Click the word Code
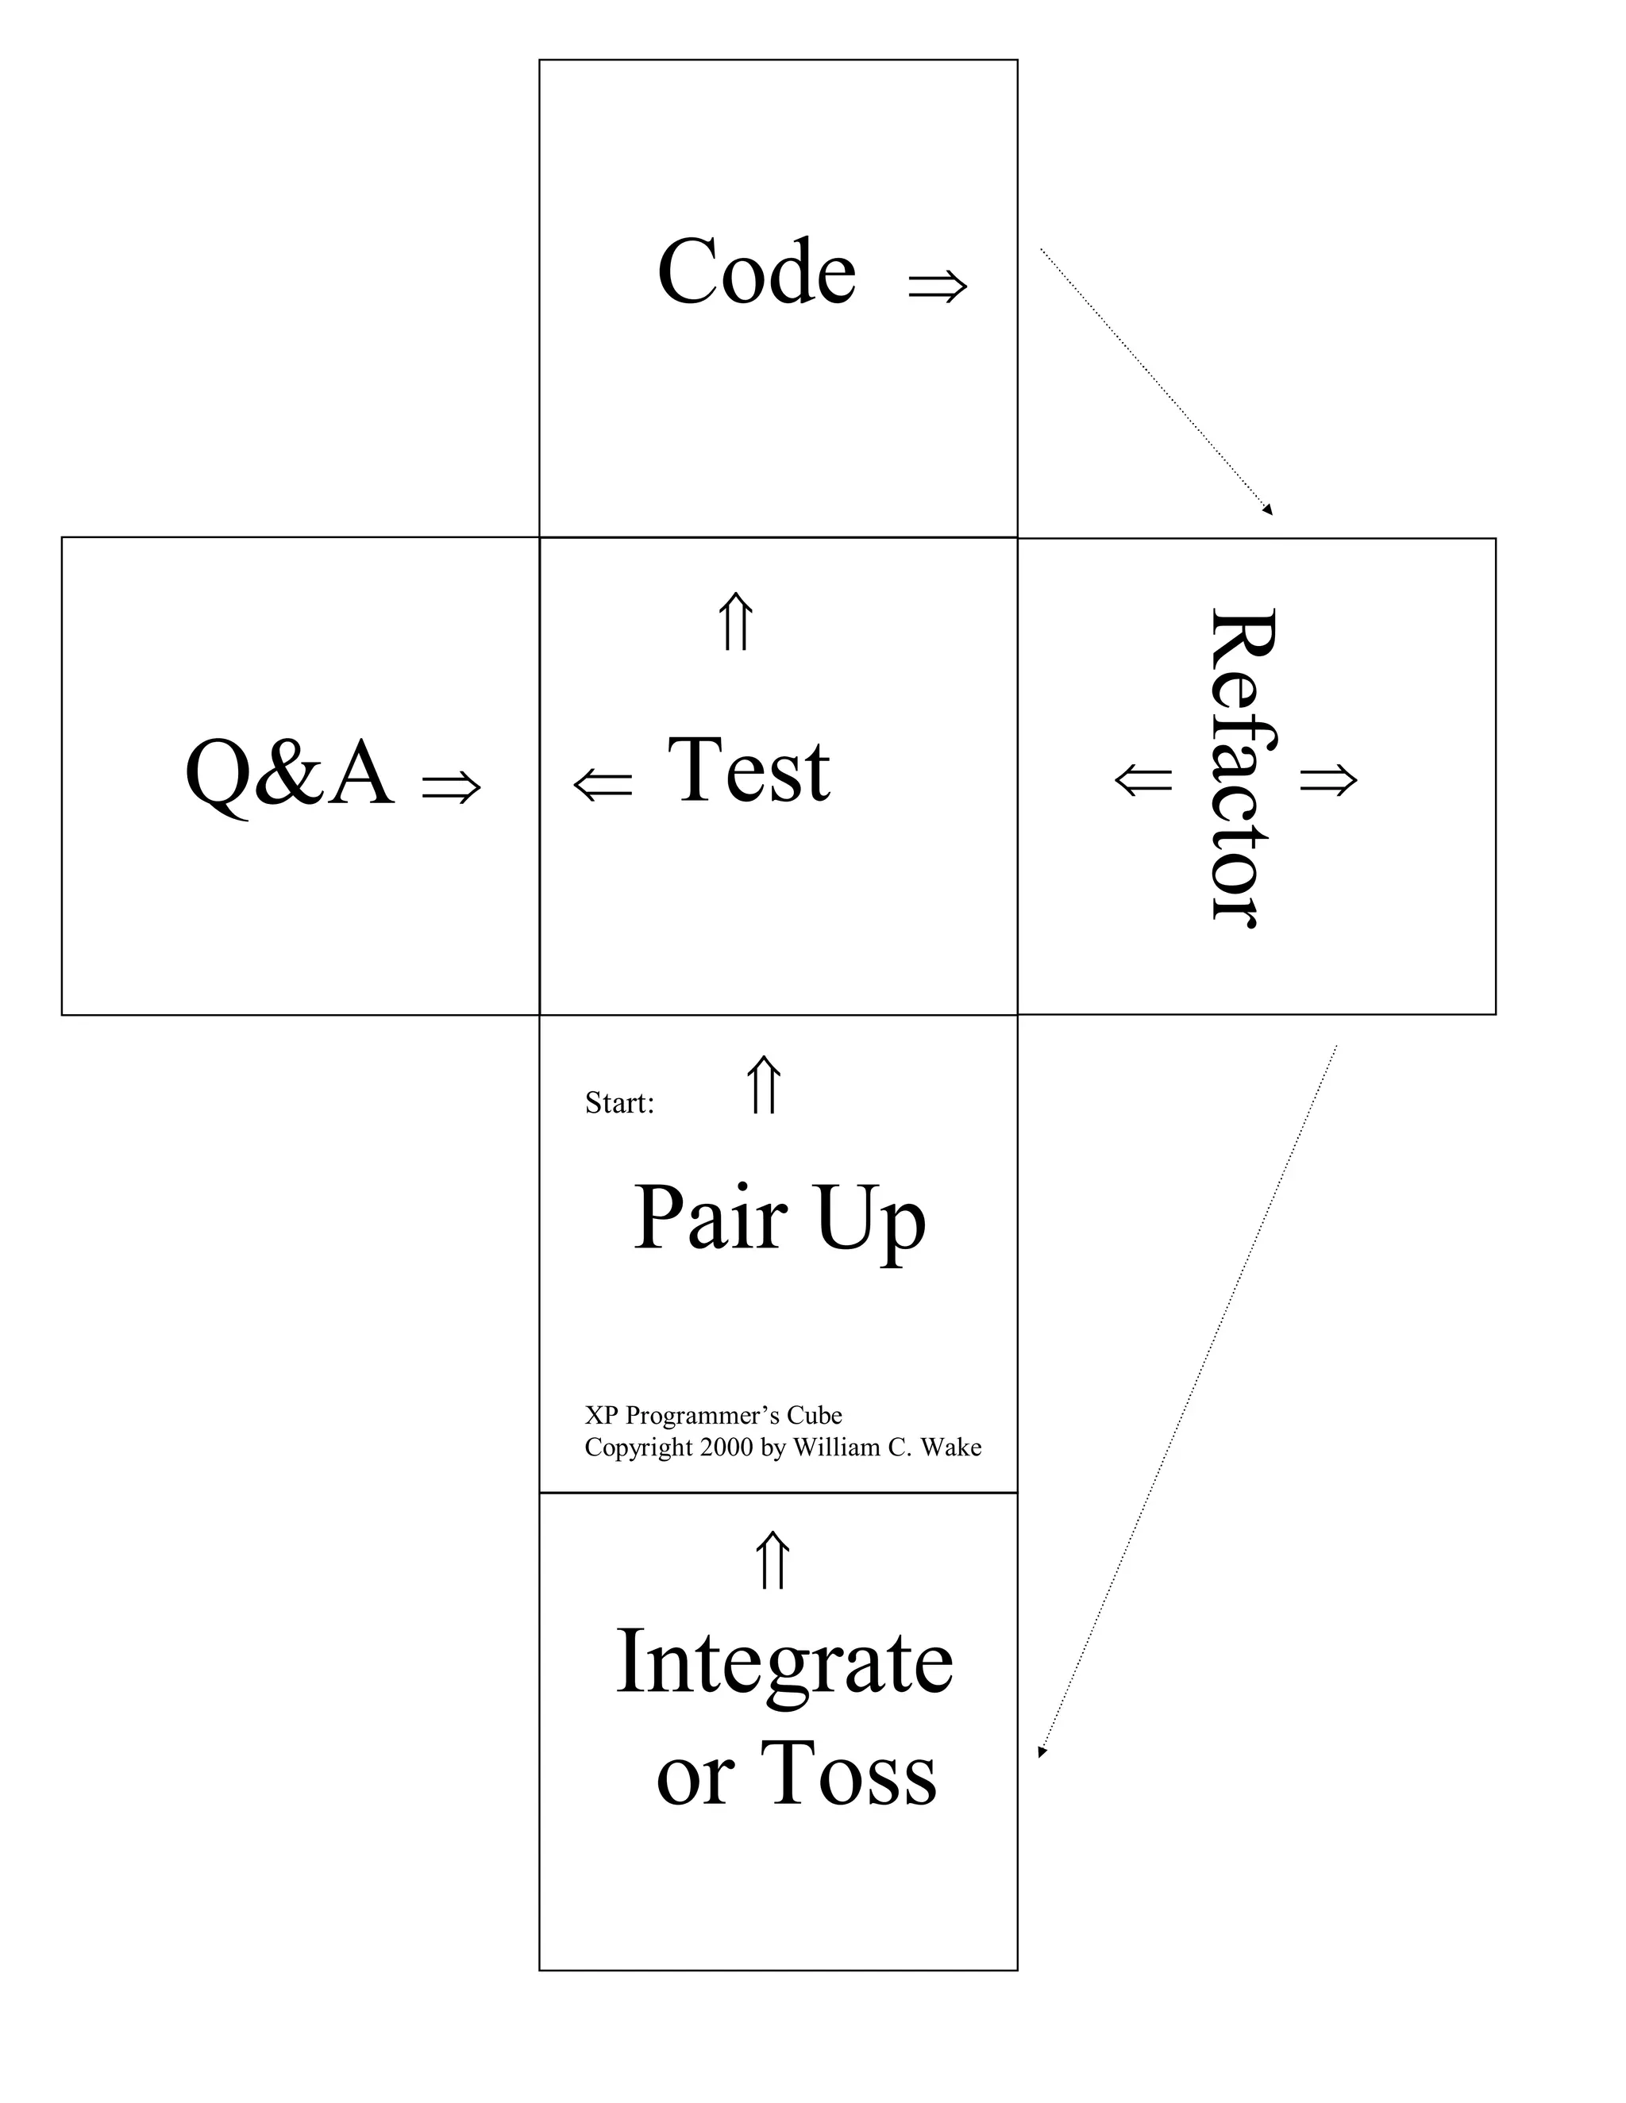point(756,271)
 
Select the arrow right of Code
point(938,285)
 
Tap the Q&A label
point(289,773)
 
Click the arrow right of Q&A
point(451,786)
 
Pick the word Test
point(749,771)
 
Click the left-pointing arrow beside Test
point(603,784)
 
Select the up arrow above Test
point(736,622)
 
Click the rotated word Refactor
point(1242,767)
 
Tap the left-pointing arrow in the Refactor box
point(1143,779)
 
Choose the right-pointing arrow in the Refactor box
point(1328,779)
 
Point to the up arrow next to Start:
point(764,1085)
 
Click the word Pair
point(711,1218)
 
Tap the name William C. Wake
point(886,1447)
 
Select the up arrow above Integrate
point(772,1561)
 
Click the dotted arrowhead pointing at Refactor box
point(1268,510)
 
